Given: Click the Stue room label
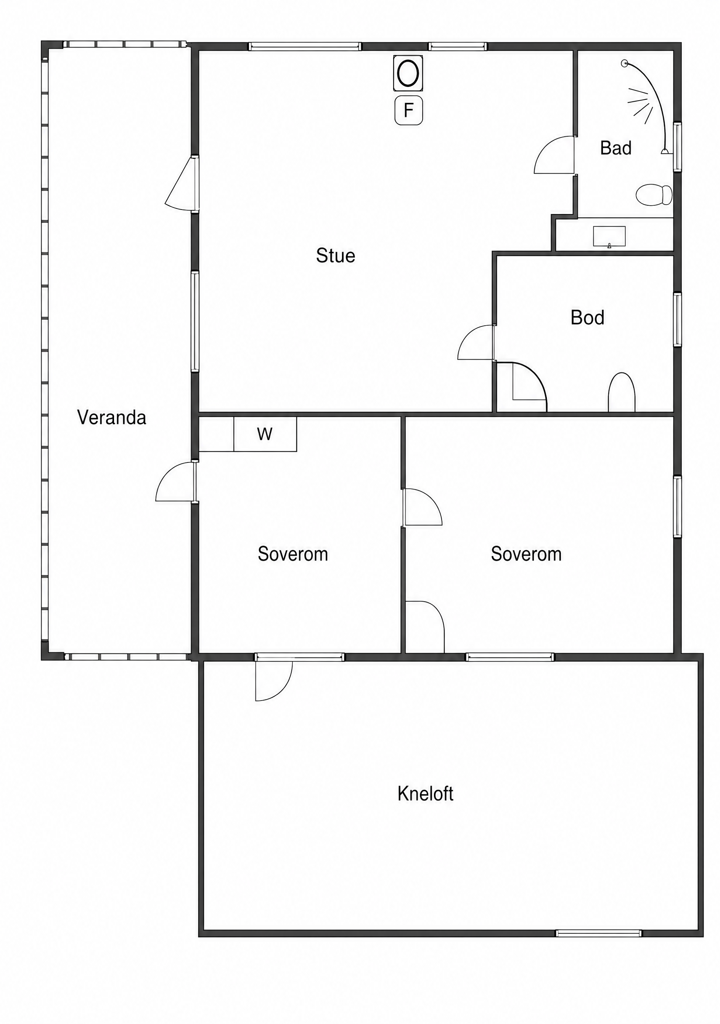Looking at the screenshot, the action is coord(335,256).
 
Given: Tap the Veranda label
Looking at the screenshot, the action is coord(112,418).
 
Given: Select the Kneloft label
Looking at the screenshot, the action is coord(425,794).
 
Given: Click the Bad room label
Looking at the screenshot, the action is coord(616,148).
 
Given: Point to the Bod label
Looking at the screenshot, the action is coord(587,318).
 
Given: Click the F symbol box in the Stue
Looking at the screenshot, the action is coord(408,110).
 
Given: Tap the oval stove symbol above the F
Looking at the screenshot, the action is coord(408,73).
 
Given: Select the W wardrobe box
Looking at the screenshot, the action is coord(265,434).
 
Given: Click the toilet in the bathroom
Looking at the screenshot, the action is coord(654,195).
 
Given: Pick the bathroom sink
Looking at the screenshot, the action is coord(609,236).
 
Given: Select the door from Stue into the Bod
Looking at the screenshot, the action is coord(476,342).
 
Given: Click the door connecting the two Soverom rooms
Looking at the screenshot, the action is coord(422,507).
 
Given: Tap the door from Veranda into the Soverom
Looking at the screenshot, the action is coord(176,482).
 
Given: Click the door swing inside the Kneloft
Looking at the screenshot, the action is coord(274,681).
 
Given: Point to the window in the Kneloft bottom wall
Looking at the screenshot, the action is coord(598,933).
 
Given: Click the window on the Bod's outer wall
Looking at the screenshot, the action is coord(678,319).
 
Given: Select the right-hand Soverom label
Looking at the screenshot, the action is coord(526,554).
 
